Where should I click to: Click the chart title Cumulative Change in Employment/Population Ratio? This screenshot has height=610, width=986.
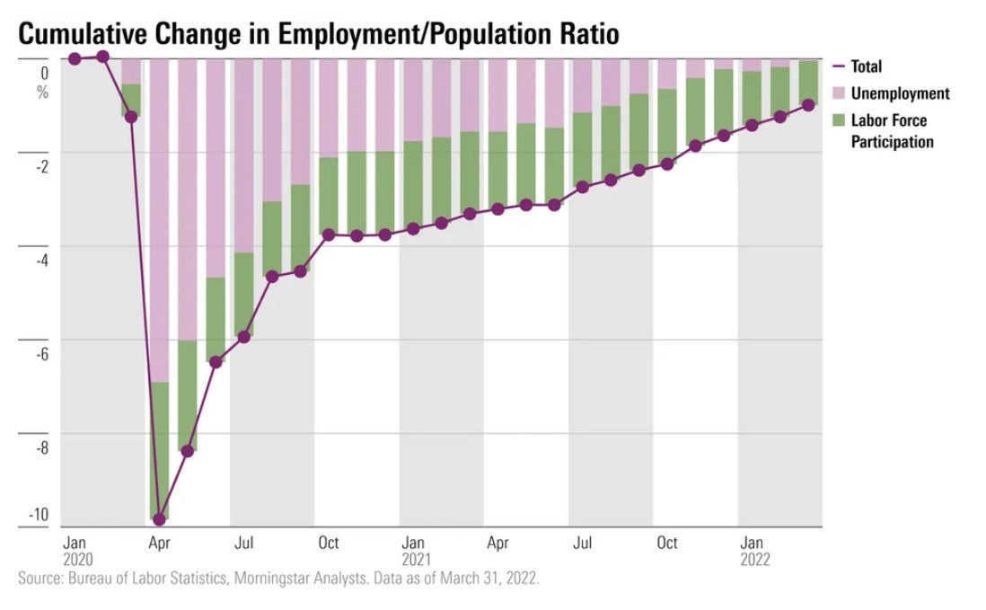(x=319, y=33)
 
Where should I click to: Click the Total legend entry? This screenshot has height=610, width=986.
(x=867, y=66)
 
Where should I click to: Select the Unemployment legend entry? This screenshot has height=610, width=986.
(x=900, y=93)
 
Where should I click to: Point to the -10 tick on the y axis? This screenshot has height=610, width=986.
(x=39, y=515)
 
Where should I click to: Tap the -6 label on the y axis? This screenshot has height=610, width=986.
(x=41, y=353)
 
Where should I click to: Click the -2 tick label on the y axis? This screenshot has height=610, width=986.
(x=41, y=167)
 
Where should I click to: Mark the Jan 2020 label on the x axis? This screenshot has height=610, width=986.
(x=75, y=551)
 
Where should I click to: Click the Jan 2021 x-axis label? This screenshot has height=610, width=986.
(x=414, y=551)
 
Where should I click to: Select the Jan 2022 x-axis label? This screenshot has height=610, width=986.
(x=753, y=551)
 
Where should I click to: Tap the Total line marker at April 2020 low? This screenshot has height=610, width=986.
(x=160, y=519)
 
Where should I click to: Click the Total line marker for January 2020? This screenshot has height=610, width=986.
(x=75, y=58)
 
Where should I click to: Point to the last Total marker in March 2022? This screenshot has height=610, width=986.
(x=808, y=105)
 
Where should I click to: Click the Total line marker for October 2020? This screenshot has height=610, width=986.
(x=329, y=234)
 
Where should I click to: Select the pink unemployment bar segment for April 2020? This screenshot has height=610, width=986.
(x=160, y=220)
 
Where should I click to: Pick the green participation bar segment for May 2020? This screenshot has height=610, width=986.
(x=188, y=395)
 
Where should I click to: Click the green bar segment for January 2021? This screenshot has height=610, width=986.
(x=413, y=184)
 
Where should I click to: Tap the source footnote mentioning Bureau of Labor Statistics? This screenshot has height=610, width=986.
(x=278, y=578)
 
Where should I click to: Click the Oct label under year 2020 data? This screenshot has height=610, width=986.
(x=329, y=543)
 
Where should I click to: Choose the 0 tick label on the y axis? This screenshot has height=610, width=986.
(x=44, y=72)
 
